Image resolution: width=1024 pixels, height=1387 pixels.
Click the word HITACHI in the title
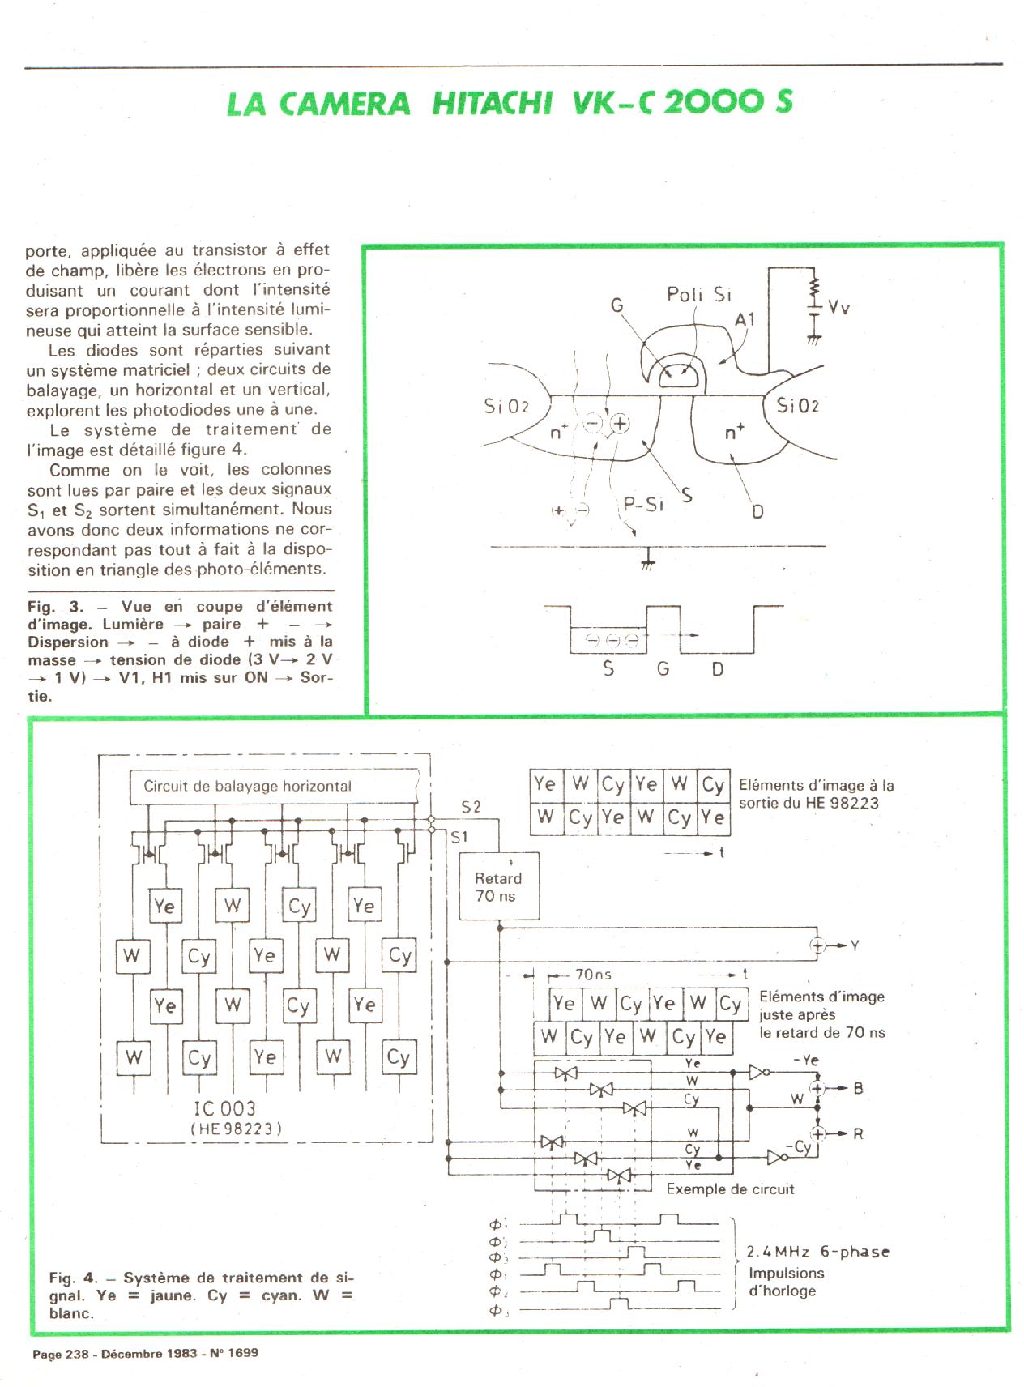(492, 104)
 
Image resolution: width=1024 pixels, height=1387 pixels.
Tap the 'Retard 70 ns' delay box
(498, 886)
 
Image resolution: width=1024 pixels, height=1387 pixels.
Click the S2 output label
(471, 806)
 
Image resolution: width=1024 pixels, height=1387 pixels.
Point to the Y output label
(855, 945)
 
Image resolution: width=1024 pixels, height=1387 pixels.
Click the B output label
(858, 1088)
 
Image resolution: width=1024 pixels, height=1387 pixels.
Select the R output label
(858, 1133)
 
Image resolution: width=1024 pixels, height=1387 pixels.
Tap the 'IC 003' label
(224, 1108)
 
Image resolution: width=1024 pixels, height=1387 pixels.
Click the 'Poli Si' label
(698, 294)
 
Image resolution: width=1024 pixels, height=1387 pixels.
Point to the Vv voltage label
(838, 307)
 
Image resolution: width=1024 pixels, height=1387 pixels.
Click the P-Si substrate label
(643, 504)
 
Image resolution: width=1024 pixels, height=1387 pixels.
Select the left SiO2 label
(506, 405)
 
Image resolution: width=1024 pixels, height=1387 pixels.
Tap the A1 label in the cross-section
(745, 321)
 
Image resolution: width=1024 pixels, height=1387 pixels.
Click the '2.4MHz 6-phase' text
(817, 1252)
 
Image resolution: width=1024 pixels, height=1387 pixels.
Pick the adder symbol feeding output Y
(817, 945)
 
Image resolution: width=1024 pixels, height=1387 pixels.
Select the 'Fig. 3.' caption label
(55, 606)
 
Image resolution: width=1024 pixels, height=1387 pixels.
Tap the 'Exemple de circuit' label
(730, 1189)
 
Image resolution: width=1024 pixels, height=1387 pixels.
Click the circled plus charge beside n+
(620, 423)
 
